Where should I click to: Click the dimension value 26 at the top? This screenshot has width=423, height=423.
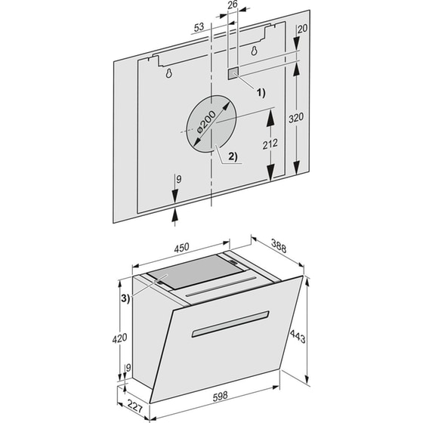tap(232, 6)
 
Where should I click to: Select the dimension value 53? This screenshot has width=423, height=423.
tap(199, 27)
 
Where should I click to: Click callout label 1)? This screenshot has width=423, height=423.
tap(261, 93)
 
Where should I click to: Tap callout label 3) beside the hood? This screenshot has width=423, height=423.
tap(124, 298)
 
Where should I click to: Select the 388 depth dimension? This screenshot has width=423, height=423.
tap(280, 246)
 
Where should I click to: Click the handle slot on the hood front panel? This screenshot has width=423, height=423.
tap(230, 323)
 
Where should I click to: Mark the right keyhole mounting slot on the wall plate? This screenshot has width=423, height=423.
tap(254, 51)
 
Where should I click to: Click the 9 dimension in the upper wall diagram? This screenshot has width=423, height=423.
tap(178, 181)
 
